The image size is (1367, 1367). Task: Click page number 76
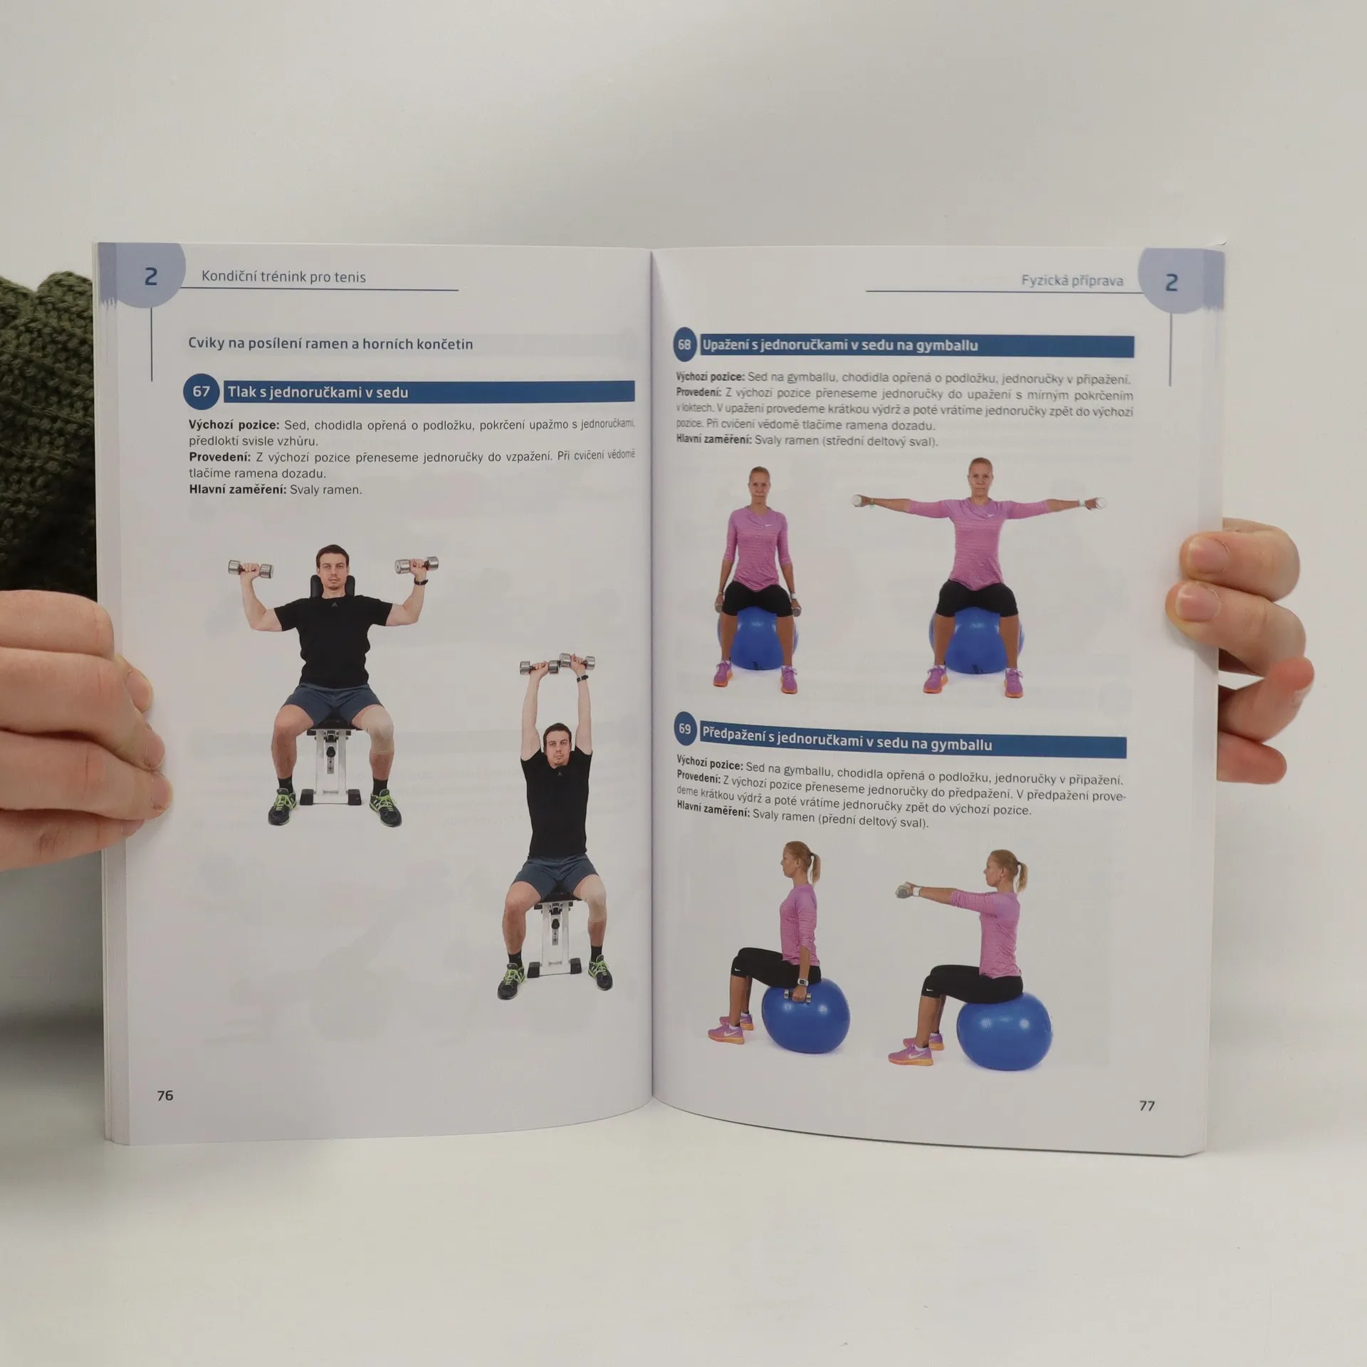point(165,1096)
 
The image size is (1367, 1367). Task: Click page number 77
point(1147,1106)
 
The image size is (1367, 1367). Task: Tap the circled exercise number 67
point(201,391)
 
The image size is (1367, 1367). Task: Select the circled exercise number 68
point(684,345)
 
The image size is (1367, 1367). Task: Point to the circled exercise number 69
point(685,728)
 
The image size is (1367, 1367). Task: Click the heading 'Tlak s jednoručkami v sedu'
point(318,392)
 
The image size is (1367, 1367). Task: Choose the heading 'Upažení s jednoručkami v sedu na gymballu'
point(840,346)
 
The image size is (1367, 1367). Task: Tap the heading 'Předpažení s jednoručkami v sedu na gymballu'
point(847,737)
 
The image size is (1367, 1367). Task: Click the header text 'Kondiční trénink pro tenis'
point(283,277)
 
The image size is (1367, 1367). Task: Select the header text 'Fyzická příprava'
point(1072,281)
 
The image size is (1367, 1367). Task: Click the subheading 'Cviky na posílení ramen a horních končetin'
point(330,345)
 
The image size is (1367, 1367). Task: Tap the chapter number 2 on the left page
point(150,277)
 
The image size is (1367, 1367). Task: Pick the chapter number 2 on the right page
point(1171,283)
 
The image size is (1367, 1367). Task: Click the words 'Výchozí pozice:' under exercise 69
point(710,763)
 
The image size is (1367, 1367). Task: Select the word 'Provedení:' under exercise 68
point(699,392)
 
